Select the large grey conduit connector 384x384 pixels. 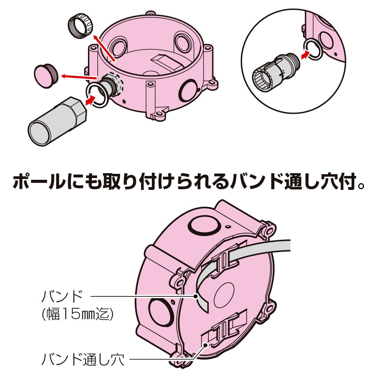[x=57, y=121]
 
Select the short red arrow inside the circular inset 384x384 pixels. [x=305, y=54]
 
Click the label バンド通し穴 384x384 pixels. [x=83, y=360]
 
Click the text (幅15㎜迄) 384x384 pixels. [x=77, y=314]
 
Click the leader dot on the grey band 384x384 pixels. [x=195, y=296]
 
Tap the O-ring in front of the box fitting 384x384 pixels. [x=97, y=95]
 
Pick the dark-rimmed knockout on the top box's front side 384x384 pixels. [x=188, y=90]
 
